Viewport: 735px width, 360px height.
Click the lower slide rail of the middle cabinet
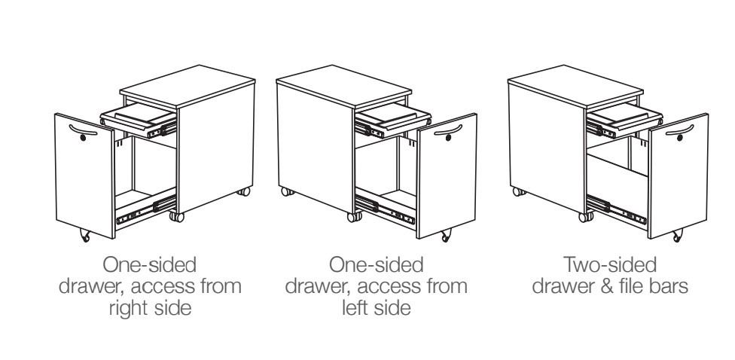(384, 211)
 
